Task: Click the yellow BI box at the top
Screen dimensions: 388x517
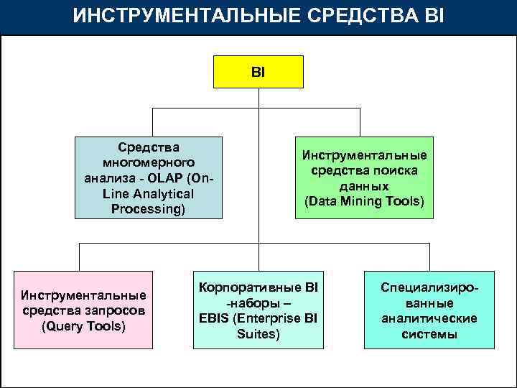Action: (x=258, y=73)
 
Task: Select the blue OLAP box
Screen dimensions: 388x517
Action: (x=148, y=177)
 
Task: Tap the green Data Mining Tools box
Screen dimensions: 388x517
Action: (x=364, y=177)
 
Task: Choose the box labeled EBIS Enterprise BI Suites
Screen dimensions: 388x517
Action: (x=258, y=310)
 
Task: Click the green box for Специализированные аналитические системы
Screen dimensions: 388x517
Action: (x=429, y=310)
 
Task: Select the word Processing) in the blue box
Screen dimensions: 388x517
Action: (x=148, y=209)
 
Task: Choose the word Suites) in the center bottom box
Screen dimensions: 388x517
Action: (x=258, y=334)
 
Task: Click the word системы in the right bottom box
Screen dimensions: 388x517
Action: (x=429, y=334)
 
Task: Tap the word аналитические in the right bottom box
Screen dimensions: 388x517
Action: (x=429, y=318)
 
